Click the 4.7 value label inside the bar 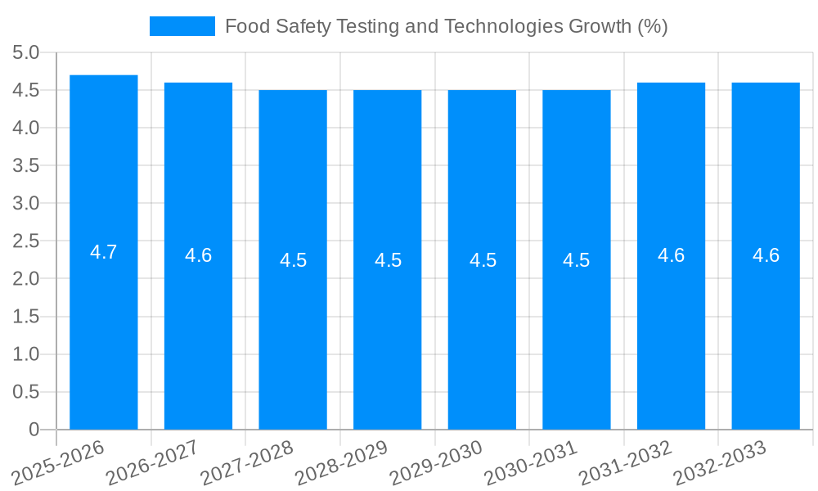[104, 252]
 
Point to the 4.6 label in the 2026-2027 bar [198, 255]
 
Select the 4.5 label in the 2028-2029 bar [388, 260]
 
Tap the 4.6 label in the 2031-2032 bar [671, 255]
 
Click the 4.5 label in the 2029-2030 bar [483, 260]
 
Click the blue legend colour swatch [182, 26]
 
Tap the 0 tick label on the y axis [34, 430]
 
